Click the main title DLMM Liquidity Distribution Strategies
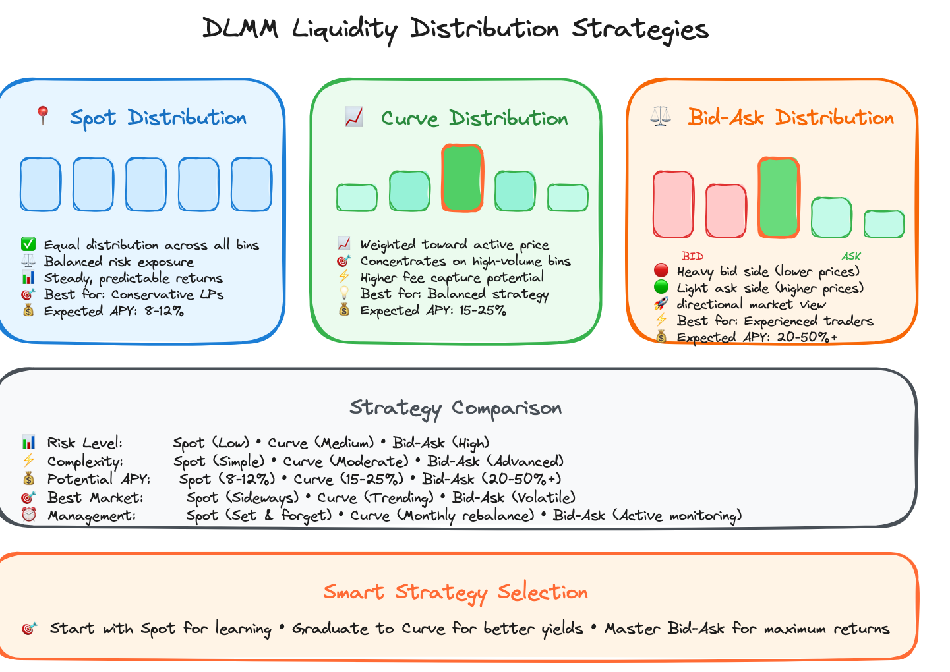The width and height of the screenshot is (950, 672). click(x=455, y=29)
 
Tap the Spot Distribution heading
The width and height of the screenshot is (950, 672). click(x=158, y=118)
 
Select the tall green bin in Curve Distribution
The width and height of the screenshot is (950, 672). click(x=462, y=178)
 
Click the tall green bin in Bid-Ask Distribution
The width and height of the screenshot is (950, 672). click(x=779, y=197)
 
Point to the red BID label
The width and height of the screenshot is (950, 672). click(x=692, y=256)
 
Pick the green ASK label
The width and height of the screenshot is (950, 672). click(x=851, y=256)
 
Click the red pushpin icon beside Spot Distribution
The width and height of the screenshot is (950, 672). click(x=43, y=116)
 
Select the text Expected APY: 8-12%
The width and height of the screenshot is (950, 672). click(x=113, y=311)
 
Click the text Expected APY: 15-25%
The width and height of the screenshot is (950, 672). click(x=432, y=310)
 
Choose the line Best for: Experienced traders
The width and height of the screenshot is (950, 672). click(x=775, y=321)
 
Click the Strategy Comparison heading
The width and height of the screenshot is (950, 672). click(x=456, y=408)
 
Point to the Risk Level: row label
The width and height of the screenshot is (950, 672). click(x=84, y=443)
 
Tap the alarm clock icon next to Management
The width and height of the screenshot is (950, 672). click(x=28, y=515)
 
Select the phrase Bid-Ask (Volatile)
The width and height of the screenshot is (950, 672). click(x=514, y=497)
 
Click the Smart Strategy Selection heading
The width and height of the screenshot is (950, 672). click(x=456, y=592)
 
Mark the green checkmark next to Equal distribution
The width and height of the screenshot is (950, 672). click(x=28, y=245)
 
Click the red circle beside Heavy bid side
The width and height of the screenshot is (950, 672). click(x=661, y=271)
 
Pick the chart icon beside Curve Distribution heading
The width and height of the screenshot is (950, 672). click(x=354, y=117)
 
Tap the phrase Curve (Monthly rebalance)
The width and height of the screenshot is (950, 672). click(x=442, y=515)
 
